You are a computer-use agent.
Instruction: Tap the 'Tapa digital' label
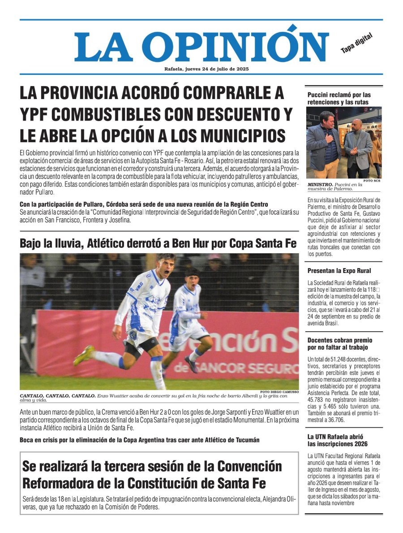356,44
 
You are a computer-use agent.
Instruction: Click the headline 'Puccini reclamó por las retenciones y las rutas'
339,99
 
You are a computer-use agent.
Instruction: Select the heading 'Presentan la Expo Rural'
339,271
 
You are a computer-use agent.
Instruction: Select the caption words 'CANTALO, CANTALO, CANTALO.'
57,396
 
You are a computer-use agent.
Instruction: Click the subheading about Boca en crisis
139,440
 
